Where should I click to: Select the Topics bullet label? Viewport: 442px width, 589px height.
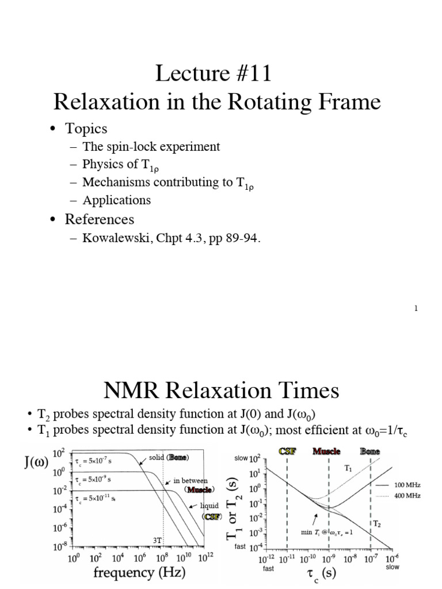[86, 128]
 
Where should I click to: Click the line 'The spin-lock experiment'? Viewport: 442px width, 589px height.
[151, 147]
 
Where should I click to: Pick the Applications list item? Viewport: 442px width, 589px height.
[116, 200]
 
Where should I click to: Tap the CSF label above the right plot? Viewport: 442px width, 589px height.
[287, 452]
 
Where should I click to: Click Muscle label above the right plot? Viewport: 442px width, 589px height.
[326, 452]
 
